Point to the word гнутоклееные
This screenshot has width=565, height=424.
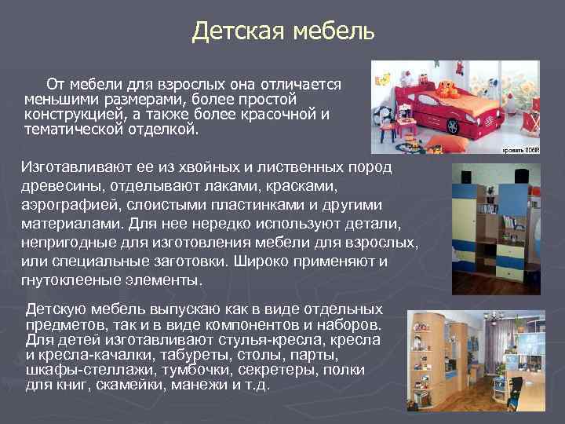coord(70,279)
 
